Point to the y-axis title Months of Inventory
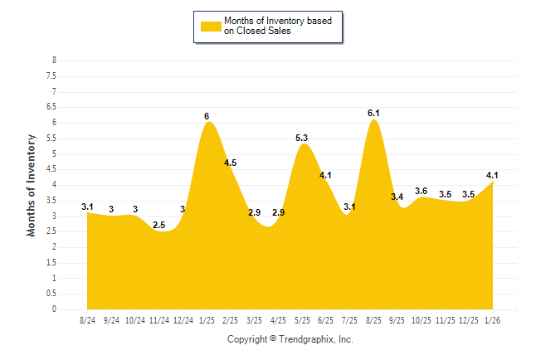click(x=32, y=184)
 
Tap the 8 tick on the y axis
click(x=54, y=61)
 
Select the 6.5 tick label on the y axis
click(x=51, y=107)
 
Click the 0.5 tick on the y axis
click(x=51, y=294)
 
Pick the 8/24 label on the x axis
click(x=87, y=319)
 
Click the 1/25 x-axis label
click(x=207, y=319)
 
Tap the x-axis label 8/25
click(x=374, y=319)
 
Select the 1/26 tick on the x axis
click(x=494, y=319)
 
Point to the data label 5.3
click(x=302, y=138)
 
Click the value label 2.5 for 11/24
click(x=159, y=225)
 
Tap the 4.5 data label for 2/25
click(x=231, y=163)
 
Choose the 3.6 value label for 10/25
click(x=421, y=191)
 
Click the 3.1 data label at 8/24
click(x=87, y=206)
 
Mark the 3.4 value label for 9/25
click(x=397, y=197)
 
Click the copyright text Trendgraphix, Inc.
click(x=290, y=340)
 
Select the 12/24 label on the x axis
click(x=183, y=319)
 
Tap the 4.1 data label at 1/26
click(x=493, y=175)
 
